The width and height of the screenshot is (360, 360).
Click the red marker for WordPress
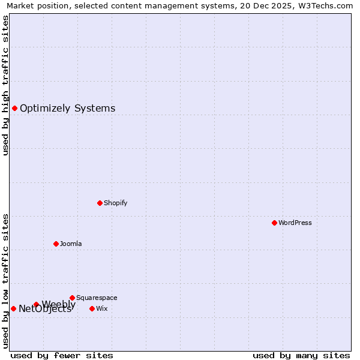(274, 223)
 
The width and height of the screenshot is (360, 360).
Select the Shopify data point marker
(100, 203)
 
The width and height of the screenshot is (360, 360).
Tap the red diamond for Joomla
(56, 244)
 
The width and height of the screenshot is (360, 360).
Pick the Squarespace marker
(72, 298)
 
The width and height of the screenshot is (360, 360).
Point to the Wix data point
(92, 308)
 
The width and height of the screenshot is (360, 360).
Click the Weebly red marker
(36, 304)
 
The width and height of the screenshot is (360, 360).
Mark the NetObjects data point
(13, 308)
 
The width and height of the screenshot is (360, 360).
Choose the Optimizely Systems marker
(14, 108)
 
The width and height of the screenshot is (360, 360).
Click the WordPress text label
(295, 223)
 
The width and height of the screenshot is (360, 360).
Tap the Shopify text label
(115, 203)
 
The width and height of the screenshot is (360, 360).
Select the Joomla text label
(71, 244)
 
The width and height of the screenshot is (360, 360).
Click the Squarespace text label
(97, 298)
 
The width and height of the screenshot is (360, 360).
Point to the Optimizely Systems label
(67, 109)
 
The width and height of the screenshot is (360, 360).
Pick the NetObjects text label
(44, 310)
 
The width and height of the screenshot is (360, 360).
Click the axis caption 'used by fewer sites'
(62, 355)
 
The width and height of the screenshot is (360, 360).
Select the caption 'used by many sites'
(301, 355)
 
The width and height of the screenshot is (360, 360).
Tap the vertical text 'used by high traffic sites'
(5, 85)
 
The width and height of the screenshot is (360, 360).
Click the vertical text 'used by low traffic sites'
(5, 281)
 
